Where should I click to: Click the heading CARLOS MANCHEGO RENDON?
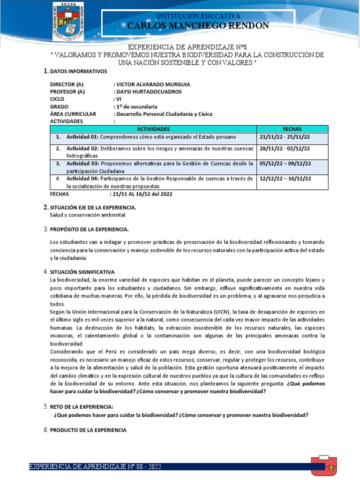click(x=198, y=26)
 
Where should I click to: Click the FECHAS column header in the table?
click(x=292, y=129)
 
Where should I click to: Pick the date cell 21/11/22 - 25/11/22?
click(x=285, y=137)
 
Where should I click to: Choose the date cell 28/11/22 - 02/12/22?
click(x=285, y=149)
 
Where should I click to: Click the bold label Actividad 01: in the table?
click(x=82, y=137)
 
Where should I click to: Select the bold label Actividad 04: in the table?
click(x=82, y=179)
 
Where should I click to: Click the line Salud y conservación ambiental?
click(x=88, y=215)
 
